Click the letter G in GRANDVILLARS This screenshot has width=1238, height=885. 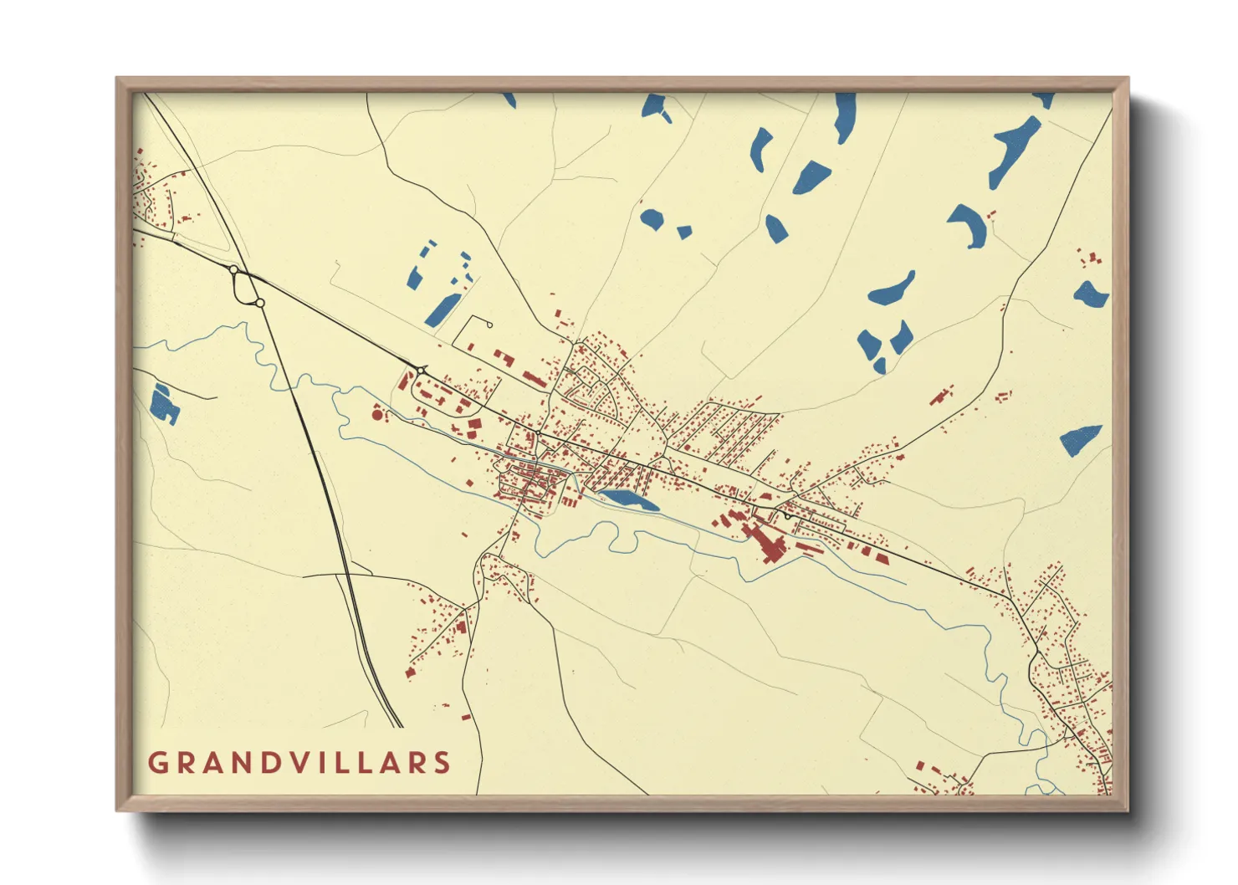click(157, 763)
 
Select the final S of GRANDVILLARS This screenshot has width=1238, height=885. click(442, 763)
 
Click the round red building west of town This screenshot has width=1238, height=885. click(377, 414)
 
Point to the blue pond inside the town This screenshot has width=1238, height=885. click(630, 500)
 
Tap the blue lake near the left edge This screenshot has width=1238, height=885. click(163, 403)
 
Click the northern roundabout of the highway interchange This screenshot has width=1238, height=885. click(233, 269)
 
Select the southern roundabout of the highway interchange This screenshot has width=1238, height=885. click(260, 303)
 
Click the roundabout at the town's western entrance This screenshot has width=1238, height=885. click(421, 369)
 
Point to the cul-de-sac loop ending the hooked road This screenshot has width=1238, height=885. click(488, 325)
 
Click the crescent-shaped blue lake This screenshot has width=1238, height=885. click(969, 224)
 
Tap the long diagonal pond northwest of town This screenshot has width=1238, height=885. click(441, 309)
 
